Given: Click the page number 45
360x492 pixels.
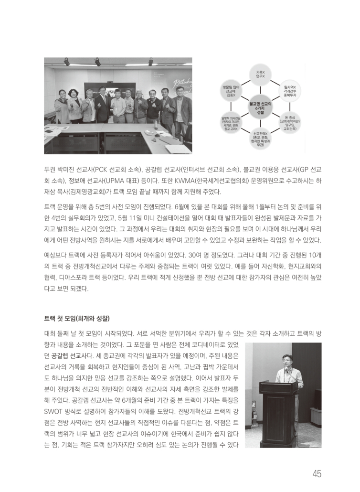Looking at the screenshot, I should pos(317,474).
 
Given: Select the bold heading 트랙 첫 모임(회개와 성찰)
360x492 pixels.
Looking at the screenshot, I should pos(77,317).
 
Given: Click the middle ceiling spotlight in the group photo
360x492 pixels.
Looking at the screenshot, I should pos(97,62).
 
